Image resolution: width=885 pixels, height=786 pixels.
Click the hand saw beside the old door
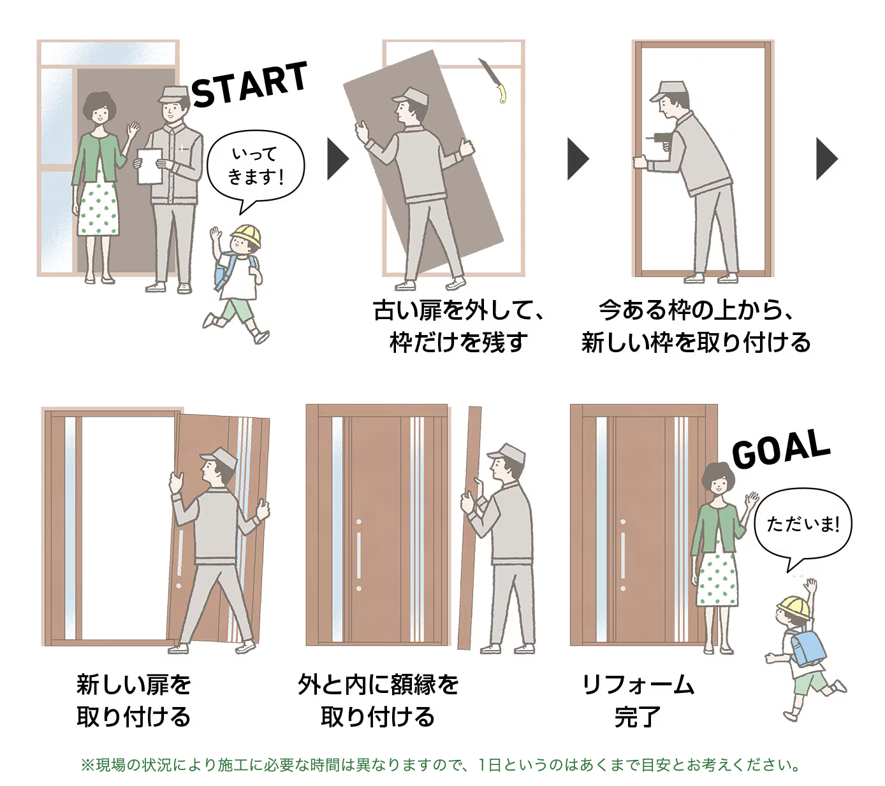492,80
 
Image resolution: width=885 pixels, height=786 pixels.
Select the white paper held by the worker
149,166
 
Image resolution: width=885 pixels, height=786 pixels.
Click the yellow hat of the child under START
247,235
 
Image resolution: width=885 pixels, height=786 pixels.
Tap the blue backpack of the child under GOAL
807,645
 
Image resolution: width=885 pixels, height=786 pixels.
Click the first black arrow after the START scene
337,159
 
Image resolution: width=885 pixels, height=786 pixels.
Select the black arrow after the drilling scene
826,159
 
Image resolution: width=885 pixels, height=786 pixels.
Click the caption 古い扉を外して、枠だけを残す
458,326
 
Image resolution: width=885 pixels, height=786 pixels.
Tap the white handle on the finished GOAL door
622,554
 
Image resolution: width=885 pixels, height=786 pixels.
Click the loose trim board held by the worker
470,529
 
